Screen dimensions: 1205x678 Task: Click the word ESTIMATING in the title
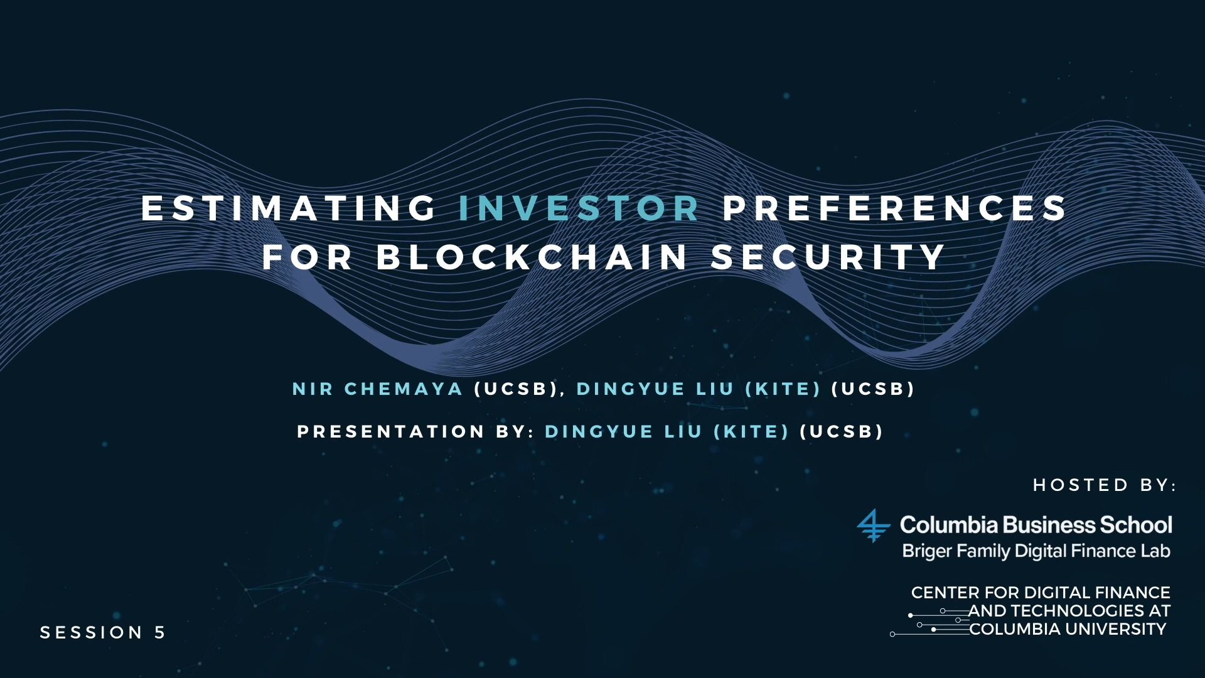(289, 208)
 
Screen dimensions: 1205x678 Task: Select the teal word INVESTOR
(579, 208)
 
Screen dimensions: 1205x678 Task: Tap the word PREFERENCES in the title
(894, 208)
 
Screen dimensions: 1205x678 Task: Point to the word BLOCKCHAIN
(532, 257)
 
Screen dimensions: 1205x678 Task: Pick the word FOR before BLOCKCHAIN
(308, 257)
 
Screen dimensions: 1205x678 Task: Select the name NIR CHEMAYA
(378, 389)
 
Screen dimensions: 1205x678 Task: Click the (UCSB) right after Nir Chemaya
(516, 389)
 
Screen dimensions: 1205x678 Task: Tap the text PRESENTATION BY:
(415, 432)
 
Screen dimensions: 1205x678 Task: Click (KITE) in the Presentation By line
(751, 432)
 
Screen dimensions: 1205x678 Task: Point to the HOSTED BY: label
(1105, 485)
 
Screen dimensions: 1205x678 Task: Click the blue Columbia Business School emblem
(874, 525)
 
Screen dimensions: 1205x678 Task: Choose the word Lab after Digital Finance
(1155, 551)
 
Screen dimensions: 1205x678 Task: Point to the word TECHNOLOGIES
(1078, 611)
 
